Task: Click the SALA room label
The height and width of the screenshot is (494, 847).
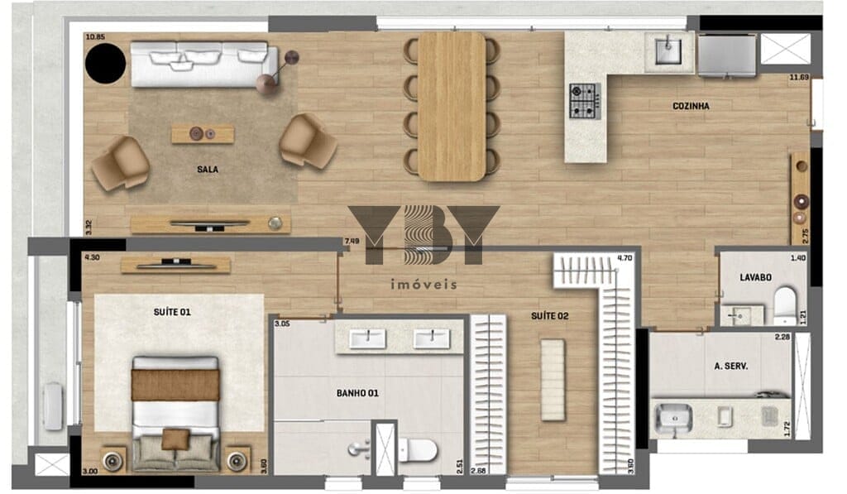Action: tap(208, 170)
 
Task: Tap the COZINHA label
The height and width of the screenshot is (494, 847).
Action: tap(691, 107)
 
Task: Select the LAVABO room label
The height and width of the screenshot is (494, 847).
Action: tap(756, 278)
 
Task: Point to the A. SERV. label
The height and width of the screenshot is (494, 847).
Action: tap(731, 367)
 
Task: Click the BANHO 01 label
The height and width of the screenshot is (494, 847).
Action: tap(357, 394)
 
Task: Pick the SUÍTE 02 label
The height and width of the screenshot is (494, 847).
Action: tap(550, 316)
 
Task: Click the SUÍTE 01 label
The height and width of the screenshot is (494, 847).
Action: tap(172, 313)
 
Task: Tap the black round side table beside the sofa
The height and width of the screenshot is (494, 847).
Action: tap(106, 63)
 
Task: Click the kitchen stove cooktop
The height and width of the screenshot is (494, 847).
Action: tap(585, 101)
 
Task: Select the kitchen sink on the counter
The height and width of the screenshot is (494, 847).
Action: tap(668, 50)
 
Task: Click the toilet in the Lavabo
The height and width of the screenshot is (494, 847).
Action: tap(785, 306)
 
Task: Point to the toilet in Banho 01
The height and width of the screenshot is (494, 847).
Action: tap(418, 448)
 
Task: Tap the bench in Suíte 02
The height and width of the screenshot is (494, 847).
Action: tap(553, 380)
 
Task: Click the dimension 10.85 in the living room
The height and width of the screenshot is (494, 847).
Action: tap(95, 37)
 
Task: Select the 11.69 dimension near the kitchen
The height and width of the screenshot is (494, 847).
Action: tap(799, 77)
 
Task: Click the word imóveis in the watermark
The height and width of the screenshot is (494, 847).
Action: tap(424, 285)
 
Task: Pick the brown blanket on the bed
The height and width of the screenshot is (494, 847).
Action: tap(175, 386)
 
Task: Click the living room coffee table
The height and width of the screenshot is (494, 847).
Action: tap(203, 134)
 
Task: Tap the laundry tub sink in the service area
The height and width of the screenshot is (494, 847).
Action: tap(673, 419)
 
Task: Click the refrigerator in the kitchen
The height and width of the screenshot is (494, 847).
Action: tap(727, 55)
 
